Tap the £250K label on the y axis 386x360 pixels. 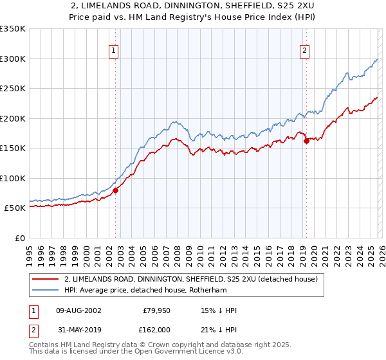(x=13, y=89)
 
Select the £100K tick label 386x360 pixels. (x=13, y=178)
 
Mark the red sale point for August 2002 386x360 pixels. (x=116, y=190)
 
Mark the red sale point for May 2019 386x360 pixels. (x=306, y=141)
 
